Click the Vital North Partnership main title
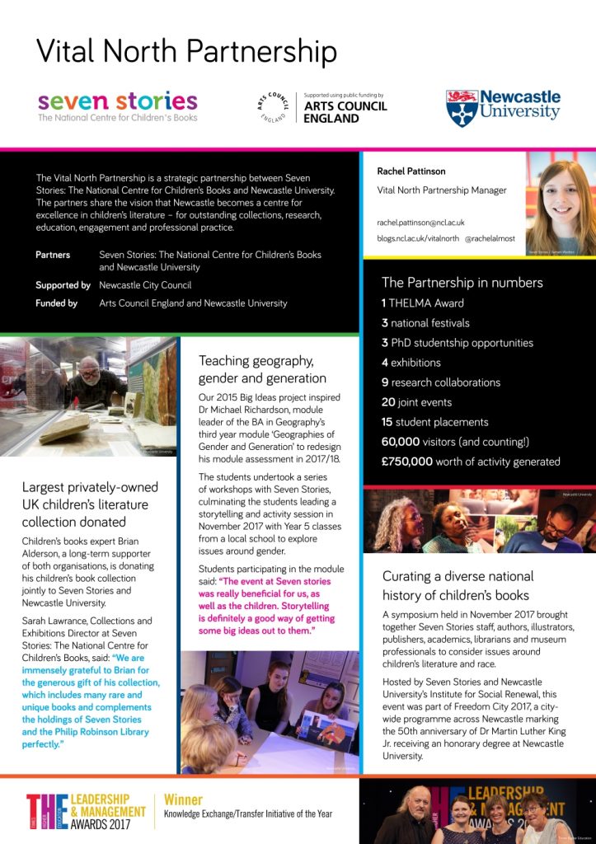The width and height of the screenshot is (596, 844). (186, 51)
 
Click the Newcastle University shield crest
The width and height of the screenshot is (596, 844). (461, 108)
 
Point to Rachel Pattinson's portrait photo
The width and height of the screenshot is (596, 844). (560, 203)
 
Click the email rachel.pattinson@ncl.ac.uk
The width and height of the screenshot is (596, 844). (420, 223)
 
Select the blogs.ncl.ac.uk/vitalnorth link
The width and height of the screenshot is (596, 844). (415, 237)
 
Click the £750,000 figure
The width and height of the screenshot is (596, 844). (407, 462)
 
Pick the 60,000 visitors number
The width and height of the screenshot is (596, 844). (406, 442)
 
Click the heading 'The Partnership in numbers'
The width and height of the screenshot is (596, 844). (462, 283)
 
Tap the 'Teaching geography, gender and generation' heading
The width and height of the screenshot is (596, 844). (262, 369)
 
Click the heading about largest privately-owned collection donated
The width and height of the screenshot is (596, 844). (90, 504)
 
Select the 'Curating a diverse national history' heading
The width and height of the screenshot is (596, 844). (458, 585)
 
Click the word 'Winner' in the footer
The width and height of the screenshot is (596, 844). (183, 799)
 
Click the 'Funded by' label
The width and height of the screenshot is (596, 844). (56, 303)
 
